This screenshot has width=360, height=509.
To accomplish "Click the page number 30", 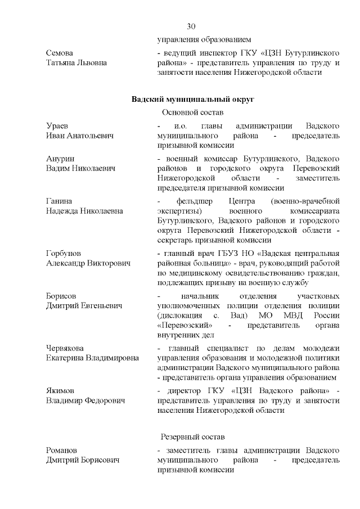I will click(191, 26).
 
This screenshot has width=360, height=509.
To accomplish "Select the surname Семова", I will click(60, 52).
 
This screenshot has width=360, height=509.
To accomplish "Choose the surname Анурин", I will click(60, 159).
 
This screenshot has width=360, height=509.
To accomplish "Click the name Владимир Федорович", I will click(85, 400).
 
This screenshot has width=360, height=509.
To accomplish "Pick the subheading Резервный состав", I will click(192, 436).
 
